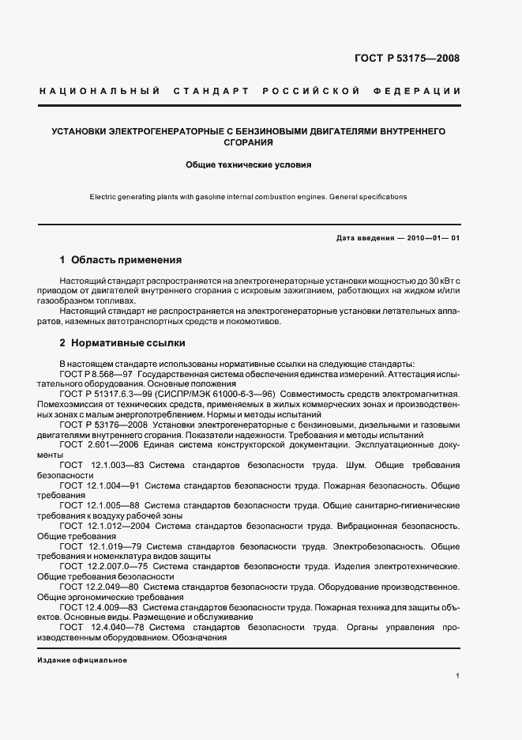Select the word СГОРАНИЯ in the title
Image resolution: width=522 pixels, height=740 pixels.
tap(248, 143)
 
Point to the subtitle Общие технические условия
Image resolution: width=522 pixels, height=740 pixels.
tap(249, 166)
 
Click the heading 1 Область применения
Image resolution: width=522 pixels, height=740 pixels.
tap(121, 259)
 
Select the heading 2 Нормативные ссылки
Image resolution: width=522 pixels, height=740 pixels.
tap(122, 344)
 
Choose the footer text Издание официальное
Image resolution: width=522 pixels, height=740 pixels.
tap(82, 660)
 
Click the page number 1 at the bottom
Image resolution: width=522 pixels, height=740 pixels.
tap(458, 676)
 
